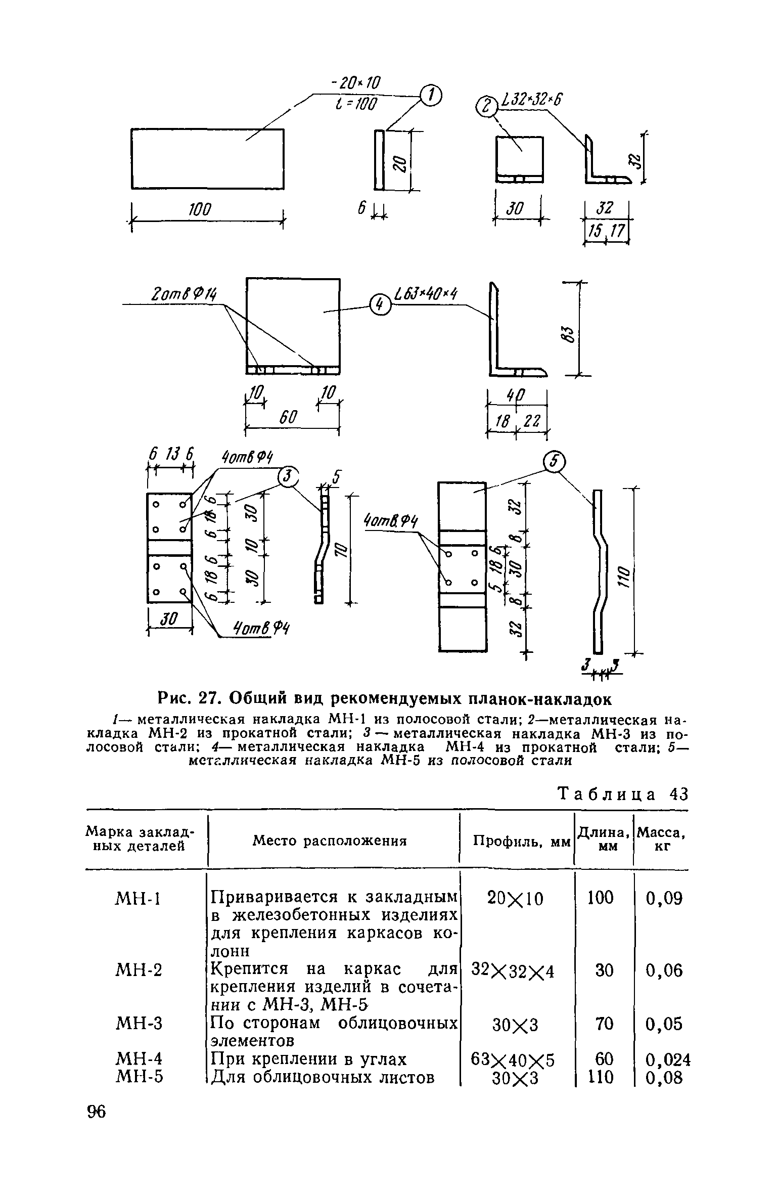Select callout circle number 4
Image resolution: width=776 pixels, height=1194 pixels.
pyautogui.click(x=380, y=304)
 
